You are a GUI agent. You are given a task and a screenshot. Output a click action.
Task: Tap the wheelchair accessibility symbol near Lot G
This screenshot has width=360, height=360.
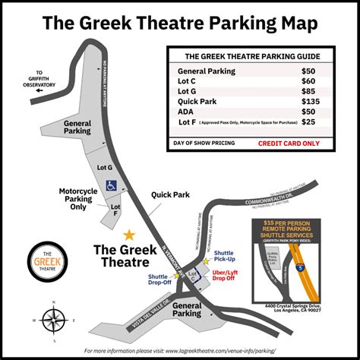click(111, 183)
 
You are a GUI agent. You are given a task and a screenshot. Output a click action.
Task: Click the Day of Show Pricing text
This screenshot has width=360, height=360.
click(204, 142)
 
